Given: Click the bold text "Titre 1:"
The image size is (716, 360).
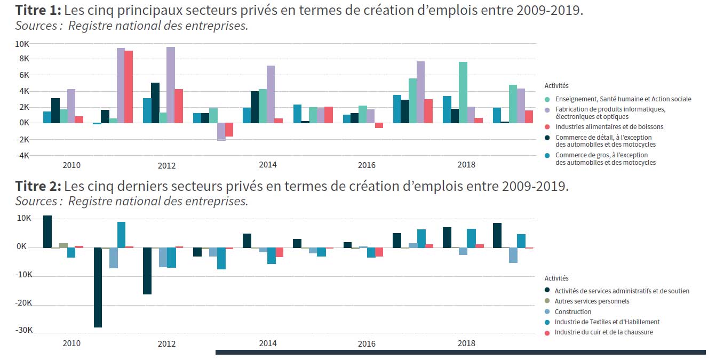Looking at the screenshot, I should click(x=38, y=10).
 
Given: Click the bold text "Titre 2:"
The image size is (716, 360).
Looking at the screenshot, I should click(x=38, y=186).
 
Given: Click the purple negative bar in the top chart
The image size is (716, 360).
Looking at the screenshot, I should click(x=221, y=131).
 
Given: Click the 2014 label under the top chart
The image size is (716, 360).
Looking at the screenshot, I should click(x=267, y=165).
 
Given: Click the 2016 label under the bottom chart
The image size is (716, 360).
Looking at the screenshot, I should click(x=367, y=343).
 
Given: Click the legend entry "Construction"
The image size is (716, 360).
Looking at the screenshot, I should click(x=573, y=311).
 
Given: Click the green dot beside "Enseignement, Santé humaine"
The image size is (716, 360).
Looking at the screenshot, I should click(x=547, y=99).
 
